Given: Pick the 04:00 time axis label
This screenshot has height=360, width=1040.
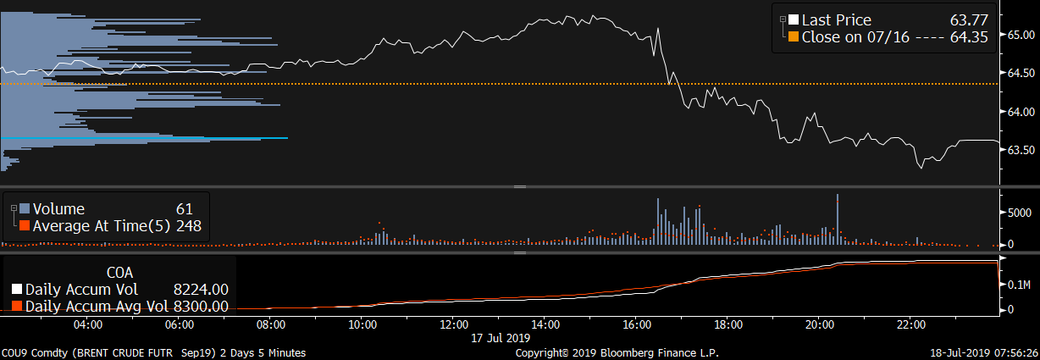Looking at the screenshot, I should pyautogui.click(x=88, y=324).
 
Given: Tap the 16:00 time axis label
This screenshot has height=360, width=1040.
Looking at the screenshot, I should pyautogui.click(x=637, y=324).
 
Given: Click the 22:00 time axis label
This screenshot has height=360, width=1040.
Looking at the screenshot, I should pyautogui.click(x=911, y=324).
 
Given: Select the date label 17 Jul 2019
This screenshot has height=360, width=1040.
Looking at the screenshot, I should pyautogui.click(x=500, y=337).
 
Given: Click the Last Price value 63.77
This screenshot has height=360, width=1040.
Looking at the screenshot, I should pyautogui.click(x=972, y=20).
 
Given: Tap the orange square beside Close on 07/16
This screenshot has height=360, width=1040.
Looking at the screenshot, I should pyautogui.click(x=794, y=37).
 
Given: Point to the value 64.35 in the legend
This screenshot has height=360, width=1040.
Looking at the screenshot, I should pyautogui.click(x=971, y=37).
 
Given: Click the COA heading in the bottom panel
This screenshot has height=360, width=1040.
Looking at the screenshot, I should pyautogui.click(x=119, y=273).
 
